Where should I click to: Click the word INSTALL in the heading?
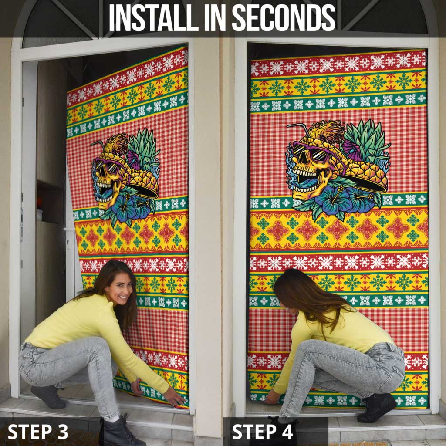pos(149,18)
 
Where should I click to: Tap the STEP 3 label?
pos(38,432)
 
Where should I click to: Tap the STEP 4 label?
pos(263,432)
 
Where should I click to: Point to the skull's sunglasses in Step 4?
pos(310,152)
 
